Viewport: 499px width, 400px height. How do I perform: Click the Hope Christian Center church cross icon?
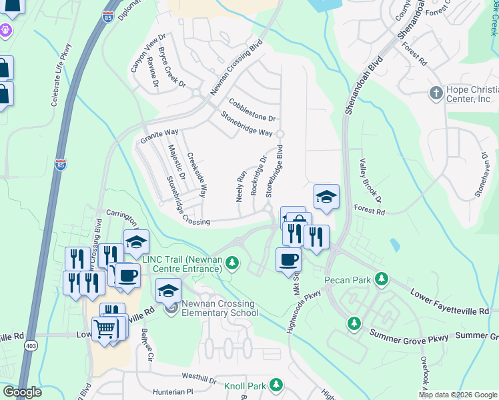click(436, 93)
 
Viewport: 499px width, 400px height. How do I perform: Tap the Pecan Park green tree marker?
click(381, 278)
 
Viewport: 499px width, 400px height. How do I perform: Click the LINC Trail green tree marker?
click(232, 261)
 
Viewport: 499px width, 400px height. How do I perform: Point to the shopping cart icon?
click(105, 328)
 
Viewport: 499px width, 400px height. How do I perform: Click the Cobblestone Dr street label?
click(252, 109)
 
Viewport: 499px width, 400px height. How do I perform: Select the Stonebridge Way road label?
click(246, 124)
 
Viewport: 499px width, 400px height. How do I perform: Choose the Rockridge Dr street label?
click(258, 175)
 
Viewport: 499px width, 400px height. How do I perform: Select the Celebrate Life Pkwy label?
click(61, 74)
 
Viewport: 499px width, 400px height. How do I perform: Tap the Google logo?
click(22, 392)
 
